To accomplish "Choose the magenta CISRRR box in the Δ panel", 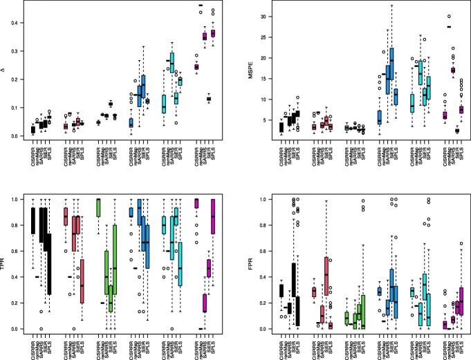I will tap(196, 66).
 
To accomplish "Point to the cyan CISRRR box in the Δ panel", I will tap(163, 104).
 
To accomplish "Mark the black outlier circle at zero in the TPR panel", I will tap(41, 328).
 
